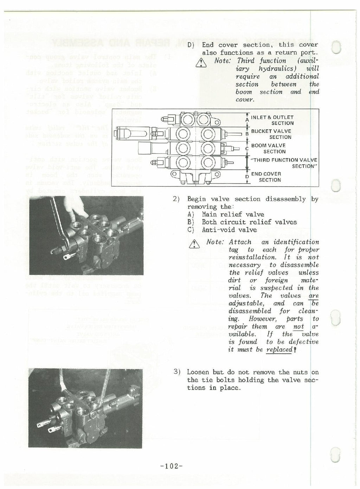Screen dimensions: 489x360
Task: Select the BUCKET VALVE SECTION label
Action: tap(271, 134)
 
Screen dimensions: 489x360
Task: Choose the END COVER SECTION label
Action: tap(266, 177)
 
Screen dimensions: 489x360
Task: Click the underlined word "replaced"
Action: tap(279, 349)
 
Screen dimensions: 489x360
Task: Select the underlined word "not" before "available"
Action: tap(298, 326)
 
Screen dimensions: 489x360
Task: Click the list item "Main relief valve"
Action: tap(233, 214)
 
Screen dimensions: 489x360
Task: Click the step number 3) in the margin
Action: tap(177, 372)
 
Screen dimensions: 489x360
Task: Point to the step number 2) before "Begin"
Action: tap(177, 199)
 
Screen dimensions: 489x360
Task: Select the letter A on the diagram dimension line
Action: tap(247, 120)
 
